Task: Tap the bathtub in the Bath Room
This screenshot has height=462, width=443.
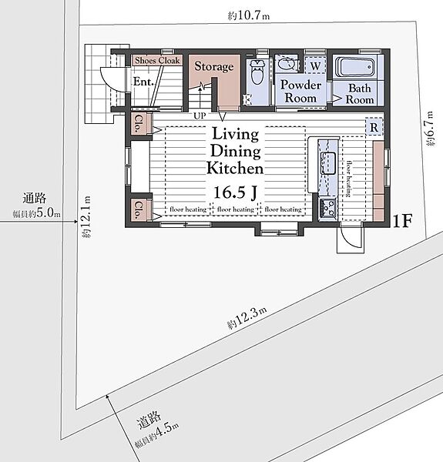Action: click(355, 68)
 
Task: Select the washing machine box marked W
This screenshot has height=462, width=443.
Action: click(315, 65)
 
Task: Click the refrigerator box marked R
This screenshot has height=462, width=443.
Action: click(374, 127)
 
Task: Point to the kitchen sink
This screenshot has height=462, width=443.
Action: click(329, 163)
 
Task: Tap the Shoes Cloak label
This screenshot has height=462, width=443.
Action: click(157, 60)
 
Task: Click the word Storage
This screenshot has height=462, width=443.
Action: click(214, 66)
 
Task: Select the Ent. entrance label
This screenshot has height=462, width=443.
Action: click(143, 82)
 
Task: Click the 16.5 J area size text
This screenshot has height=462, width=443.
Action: click(235, 192)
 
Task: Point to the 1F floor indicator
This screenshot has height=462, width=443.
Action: click(403, 221)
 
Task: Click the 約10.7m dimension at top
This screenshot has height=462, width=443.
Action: click(249, 15)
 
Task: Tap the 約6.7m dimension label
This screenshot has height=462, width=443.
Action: click(431, 129)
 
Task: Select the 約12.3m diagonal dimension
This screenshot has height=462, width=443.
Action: click(247, 317)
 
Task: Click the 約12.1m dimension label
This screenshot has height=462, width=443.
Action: click(86, 216)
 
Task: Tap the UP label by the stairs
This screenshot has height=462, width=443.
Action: click(200, 115)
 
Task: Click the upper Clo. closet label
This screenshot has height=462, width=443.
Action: click(138, 123)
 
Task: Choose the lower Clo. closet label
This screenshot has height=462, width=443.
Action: click(138, 209)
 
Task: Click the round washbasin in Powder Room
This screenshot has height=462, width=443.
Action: click(286, 63)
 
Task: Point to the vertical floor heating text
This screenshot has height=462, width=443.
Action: click(349, 179)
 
